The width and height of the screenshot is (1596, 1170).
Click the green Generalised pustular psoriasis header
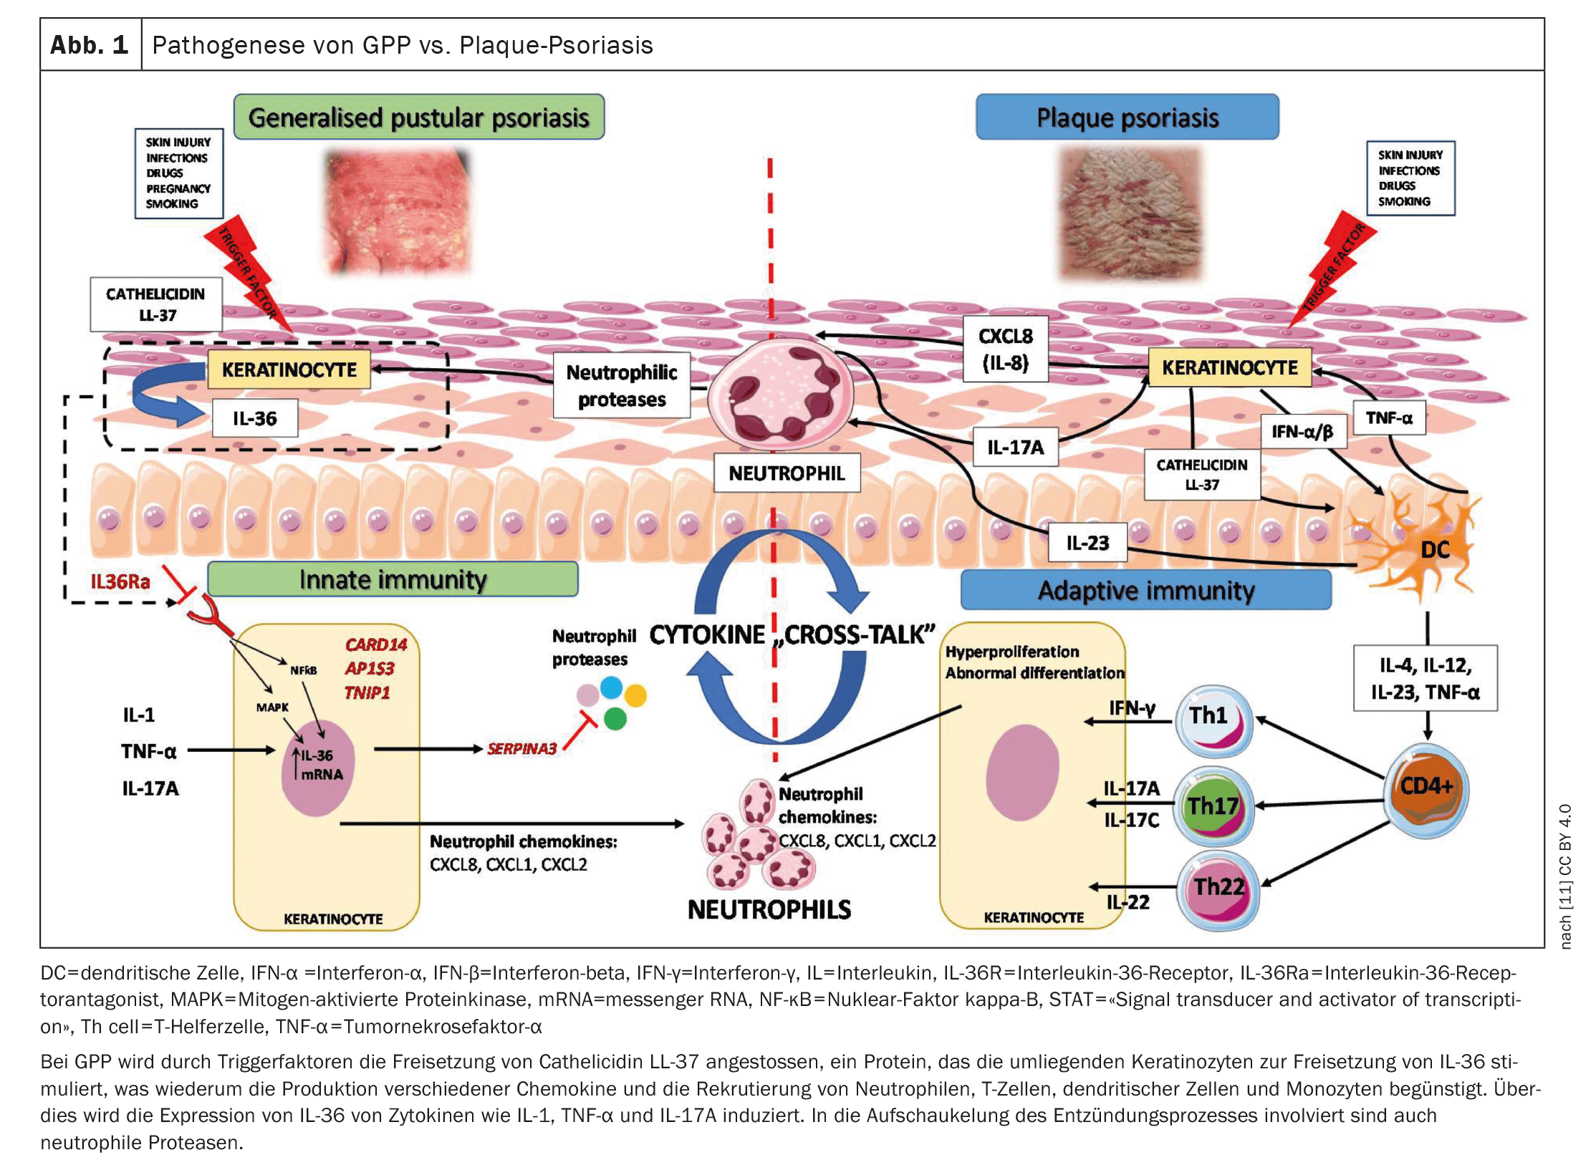pyautogui.click(x=418, y=117)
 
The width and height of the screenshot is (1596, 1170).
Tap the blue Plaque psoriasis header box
pyautogui.click(x=1127, y=117)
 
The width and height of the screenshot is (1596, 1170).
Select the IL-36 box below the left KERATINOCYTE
pyautogui.click(x=254, y=419)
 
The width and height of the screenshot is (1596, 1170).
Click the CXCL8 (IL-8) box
pyautogui.click(x=1005, y=349)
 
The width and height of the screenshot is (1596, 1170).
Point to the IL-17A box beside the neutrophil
pyautogui.click(x=1015, y=448)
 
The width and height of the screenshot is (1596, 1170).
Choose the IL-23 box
pyautogui.click(x=1087, y=543)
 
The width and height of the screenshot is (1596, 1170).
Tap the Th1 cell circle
pyautogui.click(x=1214, y=720)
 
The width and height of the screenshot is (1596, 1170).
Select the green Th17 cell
pyautogui.click(x=1214, y=806)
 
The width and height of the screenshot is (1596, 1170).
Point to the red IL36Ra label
pyautogui.click(x=120, y=581)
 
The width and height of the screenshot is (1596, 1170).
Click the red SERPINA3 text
pyautogui.click(x=521, y=749)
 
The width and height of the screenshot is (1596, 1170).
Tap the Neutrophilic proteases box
pyautogui.click(x=621, y=385)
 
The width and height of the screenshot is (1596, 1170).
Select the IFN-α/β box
pyautogui.click(x=1302, y=432)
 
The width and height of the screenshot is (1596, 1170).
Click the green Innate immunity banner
pyautogui.click(x=393, y=579)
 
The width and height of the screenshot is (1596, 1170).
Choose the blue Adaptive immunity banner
pyautogui.click(x=1145, y=591)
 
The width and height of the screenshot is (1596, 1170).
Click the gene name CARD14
pyautogui.click(x=375, y=644)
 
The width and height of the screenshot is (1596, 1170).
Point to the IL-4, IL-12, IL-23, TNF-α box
pyautogui.click(x=1425, y=678)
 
